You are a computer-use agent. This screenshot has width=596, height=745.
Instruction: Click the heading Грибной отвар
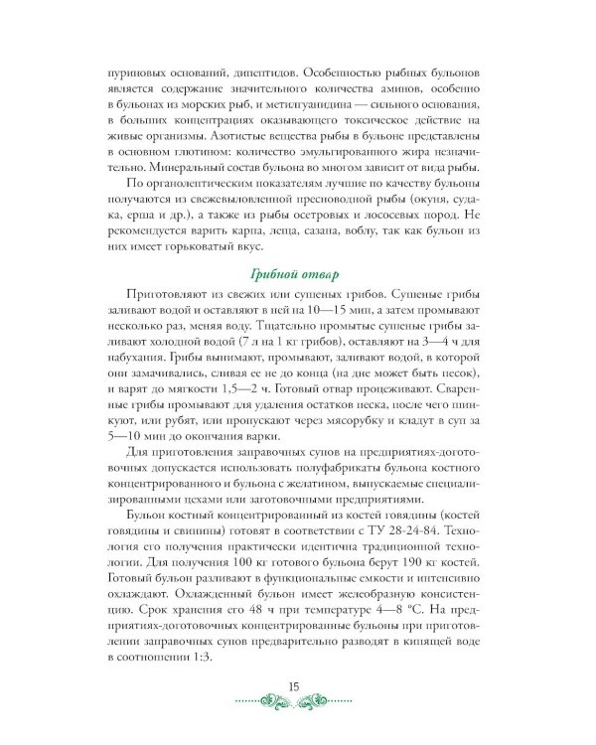click(x=297, y=274)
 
